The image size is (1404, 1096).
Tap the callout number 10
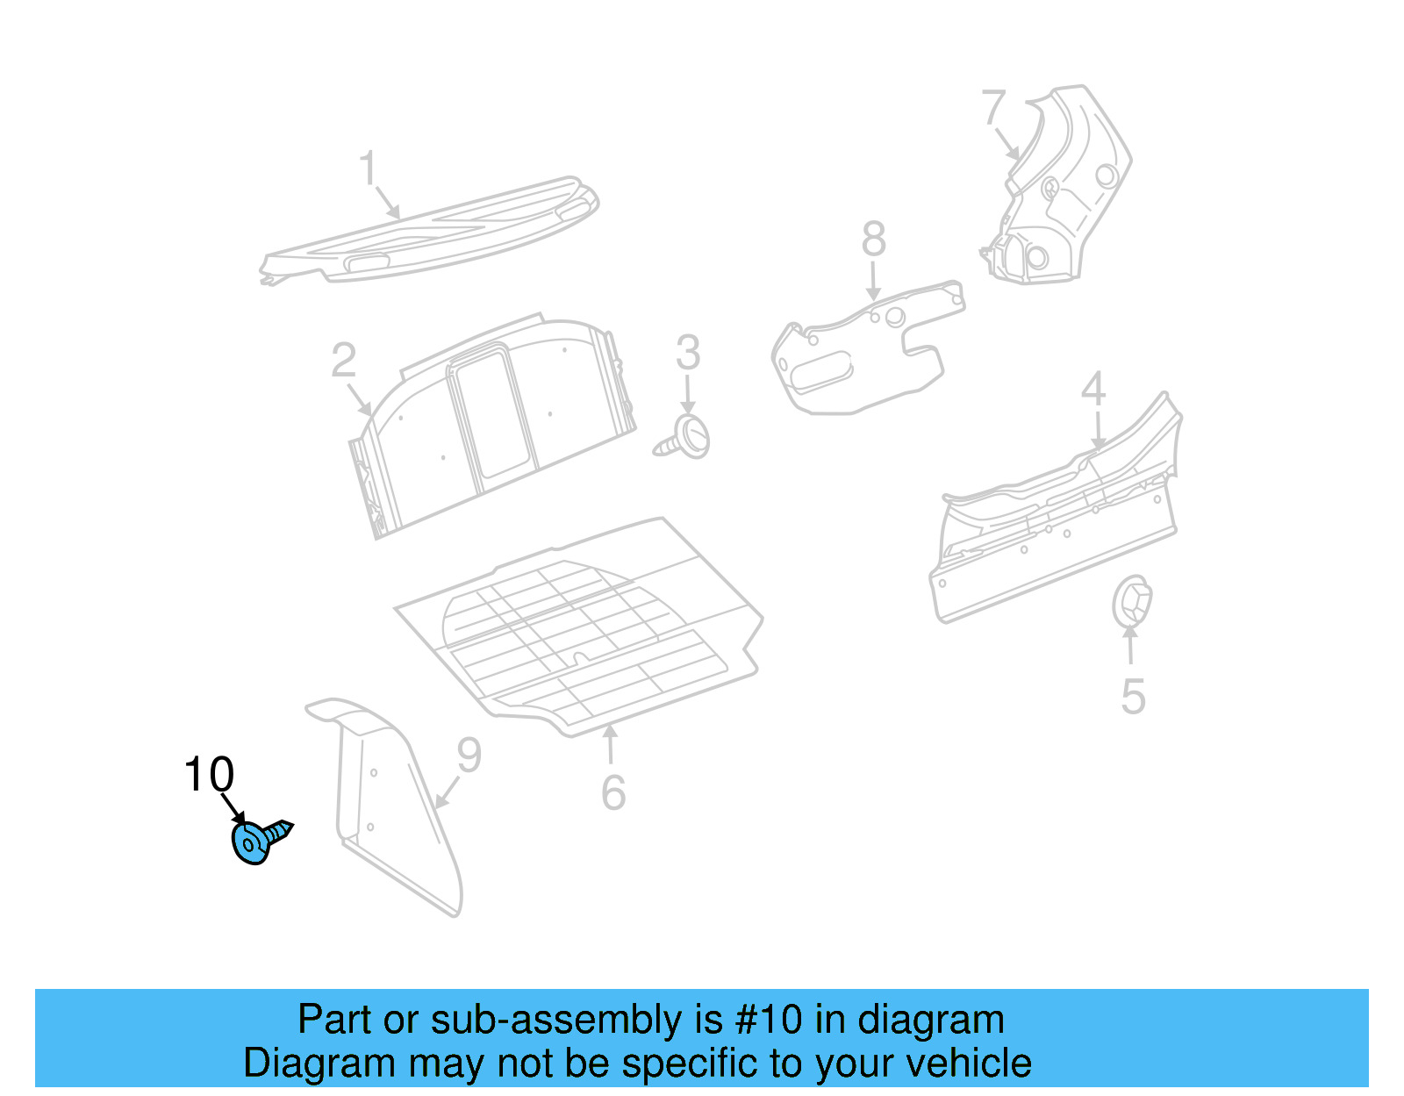[209, 775]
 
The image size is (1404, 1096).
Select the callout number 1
[369, 168]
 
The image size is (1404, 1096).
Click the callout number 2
[344, 361]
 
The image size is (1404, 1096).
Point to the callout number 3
[688, 353]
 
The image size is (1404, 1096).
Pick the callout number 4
[1093, 389]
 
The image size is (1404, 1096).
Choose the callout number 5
[1133, 698]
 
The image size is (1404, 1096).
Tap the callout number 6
[613, 792]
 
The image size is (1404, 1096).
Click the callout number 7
[993, 108]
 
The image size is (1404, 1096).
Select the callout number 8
[873, 239]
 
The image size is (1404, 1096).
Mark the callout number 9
[469, 756]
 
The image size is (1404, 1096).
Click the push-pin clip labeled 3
[689, 439]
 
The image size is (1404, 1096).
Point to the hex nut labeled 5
[1131, 602]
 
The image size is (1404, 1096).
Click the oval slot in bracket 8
[821, 369]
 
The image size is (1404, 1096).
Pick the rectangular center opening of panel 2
[492, 412]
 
